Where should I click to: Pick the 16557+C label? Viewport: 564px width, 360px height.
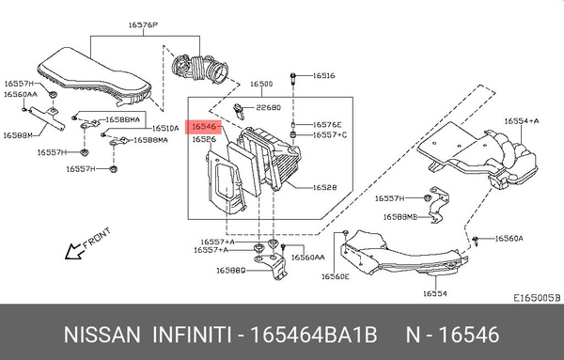pos(330,134)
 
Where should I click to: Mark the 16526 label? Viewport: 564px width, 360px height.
pos(204,139)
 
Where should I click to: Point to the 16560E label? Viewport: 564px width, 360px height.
pos(335,276)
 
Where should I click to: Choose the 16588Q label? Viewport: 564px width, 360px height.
pos(231,270)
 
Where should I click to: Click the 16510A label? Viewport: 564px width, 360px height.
pos(165,128)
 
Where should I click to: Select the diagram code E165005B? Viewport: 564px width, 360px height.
pos(536,296)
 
